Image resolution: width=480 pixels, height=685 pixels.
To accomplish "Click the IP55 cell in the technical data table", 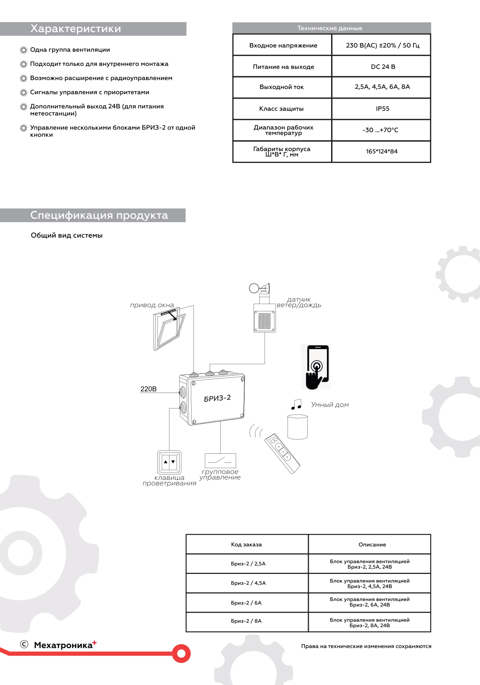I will pos(382,109).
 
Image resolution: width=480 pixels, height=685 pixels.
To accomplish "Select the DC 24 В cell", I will pos(383,67).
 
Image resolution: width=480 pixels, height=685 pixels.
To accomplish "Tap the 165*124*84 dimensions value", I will pos(382,152).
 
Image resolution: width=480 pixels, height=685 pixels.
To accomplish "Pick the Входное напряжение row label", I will pos(283,45).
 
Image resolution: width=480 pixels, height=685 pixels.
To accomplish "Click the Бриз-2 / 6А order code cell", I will pos(246,603).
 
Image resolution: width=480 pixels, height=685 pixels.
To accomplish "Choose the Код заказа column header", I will pos(246,544).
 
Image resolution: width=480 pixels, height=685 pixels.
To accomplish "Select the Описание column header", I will pos(372,544).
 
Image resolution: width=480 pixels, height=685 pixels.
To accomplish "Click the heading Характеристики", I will pos(76,29).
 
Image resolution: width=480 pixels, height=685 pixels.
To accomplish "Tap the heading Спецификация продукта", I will pos(99,215).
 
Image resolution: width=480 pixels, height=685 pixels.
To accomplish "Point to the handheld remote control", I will pos(282,453).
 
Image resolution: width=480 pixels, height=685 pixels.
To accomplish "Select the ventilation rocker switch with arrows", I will pos(169,462).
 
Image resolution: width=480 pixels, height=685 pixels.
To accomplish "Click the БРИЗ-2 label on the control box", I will pos(217,398).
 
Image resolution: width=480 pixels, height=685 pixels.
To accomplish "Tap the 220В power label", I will pos(149,389).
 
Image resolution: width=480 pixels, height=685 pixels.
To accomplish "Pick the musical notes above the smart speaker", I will pos(297,404).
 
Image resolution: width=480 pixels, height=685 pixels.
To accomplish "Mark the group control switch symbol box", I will pos(220,461).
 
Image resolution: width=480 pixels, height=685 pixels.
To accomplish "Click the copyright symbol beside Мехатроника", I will pos(24,644).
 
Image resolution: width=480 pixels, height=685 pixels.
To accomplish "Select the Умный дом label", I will pos(330,405).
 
